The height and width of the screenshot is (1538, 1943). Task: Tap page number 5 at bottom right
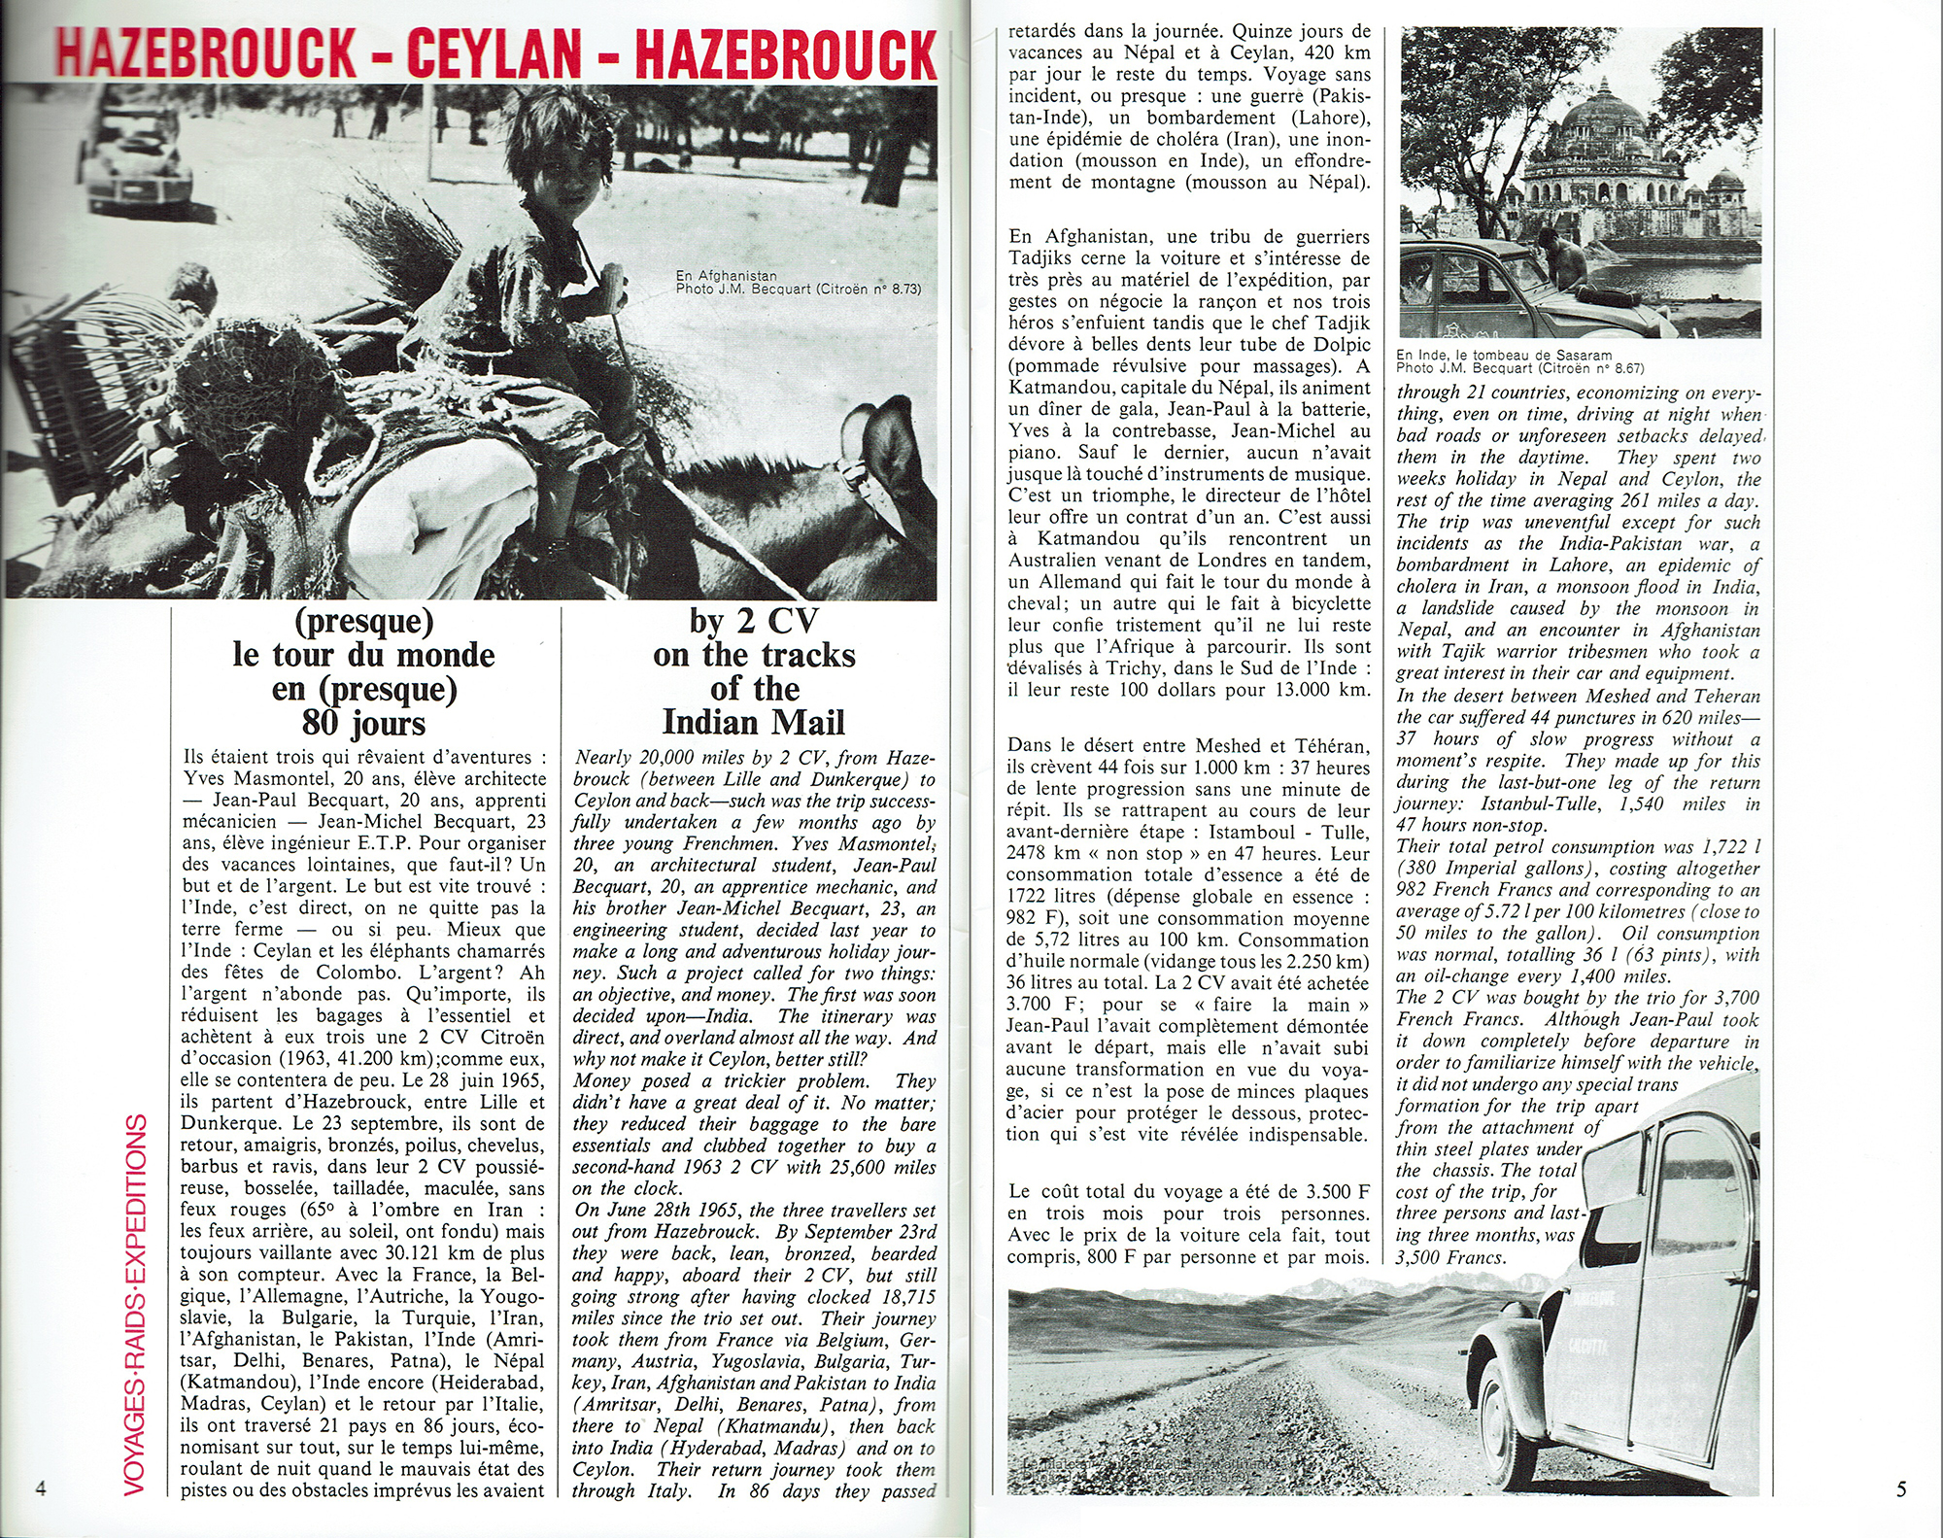pyautogui.click(x=1901, y=1487)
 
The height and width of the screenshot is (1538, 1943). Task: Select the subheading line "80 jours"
pyautogui.click(x=363, y=723)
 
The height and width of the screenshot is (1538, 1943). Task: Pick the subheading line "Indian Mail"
pyautogui.click(x=753, y=723)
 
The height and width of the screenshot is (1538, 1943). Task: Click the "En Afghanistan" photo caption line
pyautogui.click(x=726, y=276)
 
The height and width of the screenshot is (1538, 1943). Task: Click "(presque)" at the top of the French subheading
pyautogui.click(x=363, y=620)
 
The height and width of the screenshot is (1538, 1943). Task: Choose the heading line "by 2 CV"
pyautogui.click(x=753, y=620)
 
